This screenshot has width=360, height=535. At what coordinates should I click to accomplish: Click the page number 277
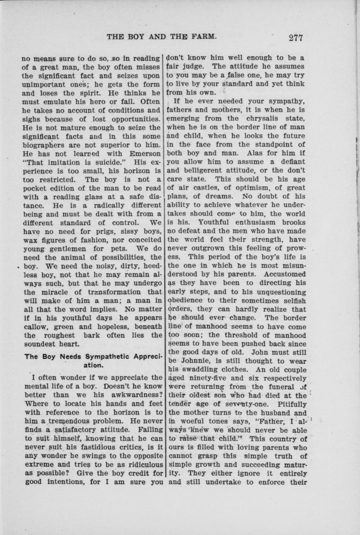pyautogui.click(x=295, y=38)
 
